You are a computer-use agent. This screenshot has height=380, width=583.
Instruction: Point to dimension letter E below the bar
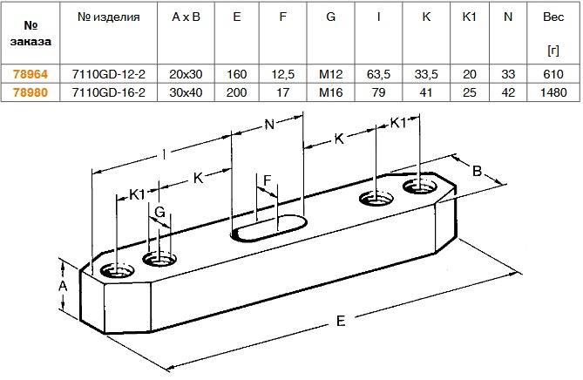pos(341,322)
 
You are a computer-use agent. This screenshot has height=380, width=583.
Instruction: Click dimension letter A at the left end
pos(62,286)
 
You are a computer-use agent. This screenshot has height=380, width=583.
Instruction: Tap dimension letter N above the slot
pos(268,125)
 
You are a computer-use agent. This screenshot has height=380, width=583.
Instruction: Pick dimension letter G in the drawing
pos(159,212)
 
